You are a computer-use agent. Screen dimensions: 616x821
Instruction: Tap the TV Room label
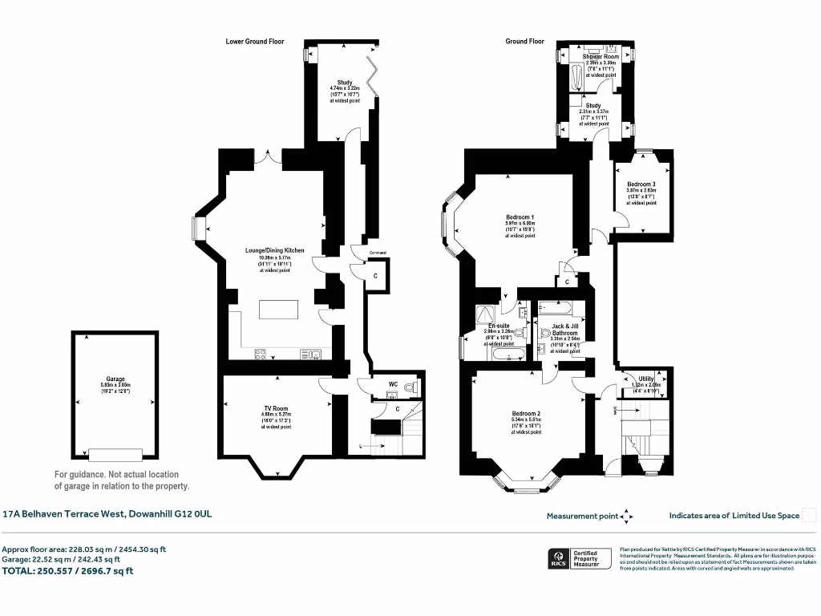coord(276,408)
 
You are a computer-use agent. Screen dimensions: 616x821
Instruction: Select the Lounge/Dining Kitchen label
coord(274,250)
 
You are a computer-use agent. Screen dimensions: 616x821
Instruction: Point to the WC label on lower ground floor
coord(393,385)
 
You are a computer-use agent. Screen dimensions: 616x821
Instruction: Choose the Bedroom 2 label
coord(526,414)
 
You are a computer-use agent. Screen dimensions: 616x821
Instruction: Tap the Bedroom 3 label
coord(641,184)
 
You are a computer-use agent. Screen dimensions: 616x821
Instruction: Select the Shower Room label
coord(601,57)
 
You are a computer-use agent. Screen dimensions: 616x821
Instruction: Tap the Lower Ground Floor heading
coord(255,41)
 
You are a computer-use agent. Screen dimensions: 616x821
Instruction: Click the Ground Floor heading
coord(524,41)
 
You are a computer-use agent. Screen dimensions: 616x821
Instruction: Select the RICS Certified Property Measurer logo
coord(578,558)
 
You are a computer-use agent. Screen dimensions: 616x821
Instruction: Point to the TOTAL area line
coord(68,571)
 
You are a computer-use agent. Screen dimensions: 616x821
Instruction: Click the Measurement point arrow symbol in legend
coord(627,516)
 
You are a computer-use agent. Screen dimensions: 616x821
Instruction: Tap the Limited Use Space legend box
coord(809,515)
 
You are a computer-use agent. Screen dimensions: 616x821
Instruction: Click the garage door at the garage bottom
coord(109,455)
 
